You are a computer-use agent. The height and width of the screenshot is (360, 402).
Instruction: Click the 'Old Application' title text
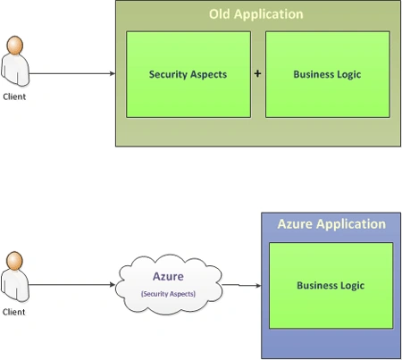click(x=256, y=14)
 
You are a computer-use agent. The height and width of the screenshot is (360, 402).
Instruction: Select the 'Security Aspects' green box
click(x=188, y=74)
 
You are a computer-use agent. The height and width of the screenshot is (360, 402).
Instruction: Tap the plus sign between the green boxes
click(x=257, y=73)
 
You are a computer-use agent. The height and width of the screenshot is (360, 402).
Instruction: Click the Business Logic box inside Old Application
click(x=328, y=74)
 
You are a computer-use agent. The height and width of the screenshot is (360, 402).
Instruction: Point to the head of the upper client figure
click(x=15, y=46)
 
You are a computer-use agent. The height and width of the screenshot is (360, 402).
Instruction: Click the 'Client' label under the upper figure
click(x=14, y=96)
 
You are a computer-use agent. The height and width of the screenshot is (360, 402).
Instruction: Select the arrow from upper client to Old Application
click(x=72, y=73)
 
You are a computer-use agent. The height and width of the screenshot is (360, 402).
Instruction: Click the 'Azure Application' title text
click(x=331, y=224)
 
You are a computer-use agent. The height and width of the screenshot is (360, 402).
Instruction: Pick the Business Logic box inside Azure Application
click(x=331, y=286)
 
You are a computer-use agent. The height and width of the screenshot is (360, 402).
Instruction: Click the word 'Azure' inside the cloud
click(x=168, y=276)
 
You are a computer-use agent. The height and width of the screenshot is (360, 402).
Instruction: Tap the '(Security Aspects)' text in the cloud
click(x=168, y=294)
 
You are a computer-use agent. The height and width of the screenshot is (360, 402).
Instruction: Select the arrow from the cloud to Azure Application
click(x=241, y=285)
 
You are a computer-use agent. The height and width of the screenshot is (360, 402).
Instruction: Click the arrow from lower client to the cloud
click(x=72, y=285)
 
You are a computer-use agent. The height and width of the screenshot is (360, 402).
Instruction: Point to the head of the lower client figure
click(x=14, y=261)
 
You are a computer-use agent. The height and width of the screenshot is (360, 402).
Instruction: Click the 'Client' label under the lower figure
click(x=13, y=312)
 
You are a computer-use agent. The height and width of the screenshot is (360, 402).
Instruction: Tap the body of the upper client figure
click(x=15, y=71)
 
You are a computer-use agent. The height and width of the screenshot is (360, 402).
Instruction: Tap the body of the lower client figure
click(x=15, y=286)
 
